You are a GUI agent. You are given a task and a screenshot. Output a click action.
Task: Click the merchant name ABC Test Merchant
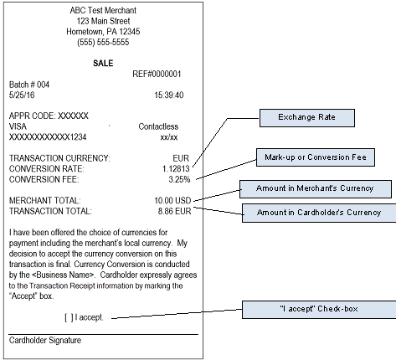click(x=103, y=11)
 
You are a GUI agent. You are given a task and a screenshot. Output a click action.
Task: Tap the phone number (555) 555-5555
click(x=103, y=42)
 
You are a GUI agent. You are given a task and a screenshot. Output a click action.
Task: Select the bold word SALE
click(x=103, y=64)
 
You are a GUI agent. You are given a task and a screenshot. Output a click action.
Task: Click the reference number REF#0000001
click(x=157, y=74)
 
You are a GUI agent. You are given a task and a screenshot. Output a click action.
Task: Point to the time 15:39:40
click(x=169, y=95)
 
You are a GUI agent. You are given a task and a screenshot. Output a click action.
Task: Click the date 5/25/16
click(x=22, y=95)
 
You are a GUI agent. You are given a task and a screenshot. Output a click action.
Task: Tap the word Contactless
click(x=158, y=126)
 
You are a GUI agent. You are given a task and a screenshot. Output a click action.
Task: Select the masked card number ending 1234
click(x=48, y=137)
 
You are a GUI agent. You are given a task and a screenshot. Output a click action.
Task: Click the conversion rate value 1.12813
click(x=176, y=169)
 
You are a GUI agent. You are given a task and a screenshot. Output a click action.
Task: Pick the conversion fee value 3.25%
click(x=179, y=179)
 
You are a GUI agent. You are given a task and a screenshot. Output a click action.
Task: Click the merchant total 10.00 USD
click(x=172, y=201)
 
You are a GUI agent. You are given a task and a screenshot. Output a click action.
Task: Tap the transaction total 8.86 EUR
click(x=174, y=211)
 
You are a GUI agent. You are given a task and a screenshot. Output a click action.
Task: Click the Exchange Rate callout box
click(x=307, y=118)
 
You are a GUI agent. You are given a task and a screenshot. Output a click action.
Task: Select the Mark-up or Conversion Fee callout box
click(x=316, y=157)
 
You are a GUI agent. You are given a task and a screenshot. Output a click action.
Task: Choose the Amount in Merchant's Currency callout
click(x=316, y=189)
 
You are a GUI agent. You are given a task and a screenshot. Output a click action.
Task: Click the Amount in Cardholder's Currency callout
click(x=319, y=213)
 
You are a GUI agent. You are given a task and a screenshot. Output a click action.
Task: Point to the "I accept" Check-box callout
click(x=319, y=310)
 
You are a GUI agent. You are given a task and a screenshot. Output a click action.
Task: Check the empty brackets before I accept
click(x=69, y=317)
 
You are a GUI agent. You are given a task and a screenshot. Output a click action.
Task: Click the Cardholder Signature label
click(x=45, y=341)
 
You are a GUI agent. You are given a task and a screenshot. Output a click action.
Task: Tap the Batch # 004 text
click(x=29, y=85)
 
